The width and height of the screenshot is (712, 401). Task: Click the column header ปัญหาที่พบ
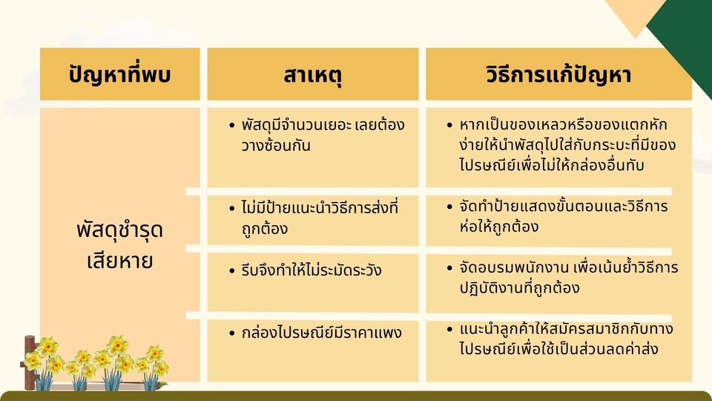click(x=120, y=74)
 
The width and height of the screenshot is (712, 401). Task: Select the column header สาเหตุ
click(x=312, y=75)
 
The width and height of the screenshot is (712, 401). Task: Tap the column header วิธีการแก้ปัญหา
click(x=558, y=74)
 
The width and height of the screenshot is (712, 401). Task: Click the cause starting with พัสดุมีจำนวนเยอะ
click(x=323, y=135)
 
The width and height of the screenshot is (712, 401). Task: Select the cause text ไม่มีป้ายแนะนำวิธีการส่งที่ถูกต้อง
click(x=320, y=218)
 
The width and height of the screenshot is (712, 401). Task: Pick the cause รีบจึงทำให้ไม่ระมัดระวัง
click(x=311, y=270)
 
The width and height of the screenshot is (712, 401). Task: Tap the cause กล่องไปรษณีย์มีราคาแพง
click(x=321, y=333)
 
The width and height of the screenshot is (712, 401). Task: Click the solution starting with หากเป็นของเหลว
click(x=567, y=145)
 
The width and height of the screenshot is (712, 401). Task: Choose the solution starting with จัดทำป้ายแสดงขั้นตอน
click(x=564, y=216)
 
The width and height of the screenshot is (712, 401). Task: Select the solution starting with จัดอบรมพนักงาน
click(x=569, y=277)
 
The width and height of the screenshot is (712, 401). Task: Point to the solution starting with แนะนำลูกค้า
click(x=566, y=339)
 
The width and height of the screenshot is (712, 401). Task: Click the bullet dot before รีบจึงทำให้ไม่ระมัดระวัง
click(x=232, y=271)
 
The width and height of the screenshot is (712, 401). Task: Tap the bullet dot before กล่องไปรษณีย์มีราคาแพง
click(x=232, y=333)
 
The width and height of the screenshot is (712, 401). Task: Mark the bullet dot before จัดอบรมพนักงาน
click(x=449, y=268)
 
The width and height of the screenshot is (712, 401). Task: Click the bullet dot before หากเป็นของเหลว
click(x=449, y=125)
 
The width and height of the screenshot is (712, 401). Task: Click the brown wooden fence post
click(x=30, y=363)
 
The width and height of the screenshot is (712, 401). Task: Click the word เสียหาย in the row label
click(x=120, y=261)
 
